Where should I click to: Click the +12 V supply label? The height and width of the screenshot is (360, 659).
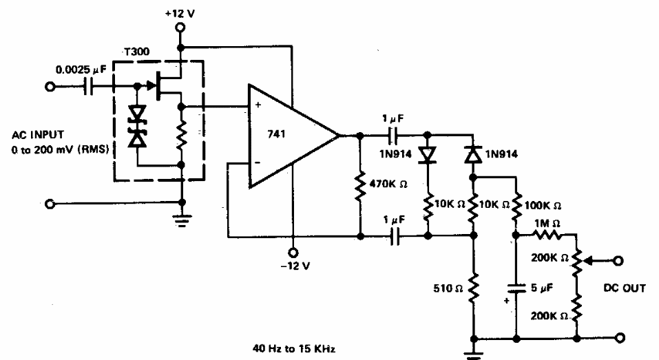[180, 12]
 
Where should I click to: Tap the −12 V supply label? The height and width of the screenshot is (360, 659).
[293, 266]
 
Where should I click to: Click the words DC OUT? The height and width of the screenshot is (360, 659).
[624, 288]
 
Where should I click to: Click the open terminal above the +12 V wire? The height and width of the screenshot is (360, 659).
[180, 28]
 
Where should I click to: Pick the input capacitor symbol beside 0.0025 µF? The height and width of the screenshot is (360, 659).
[92, 87]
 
